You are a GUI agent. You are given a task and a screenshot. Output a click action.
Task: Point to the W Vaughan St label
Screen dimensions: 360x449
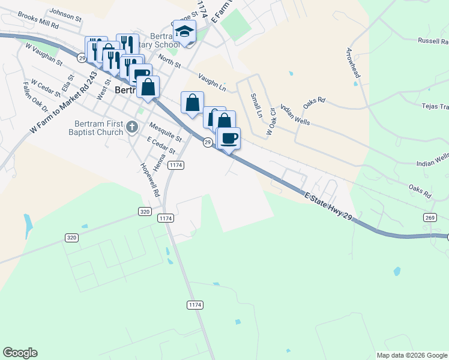click(x=44, y=53)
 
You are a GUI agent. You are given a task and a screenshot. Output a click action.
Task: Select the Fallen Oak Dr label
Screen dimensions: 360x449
click(x=35, y=97)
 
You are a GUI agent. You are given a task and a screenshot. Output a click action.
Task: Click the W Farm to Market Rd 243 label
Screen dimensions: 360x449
click(x=64, y=103)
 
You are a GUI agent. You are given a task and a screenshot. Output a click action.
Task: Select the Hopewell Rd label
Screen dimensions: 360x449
click(x=149, y=180)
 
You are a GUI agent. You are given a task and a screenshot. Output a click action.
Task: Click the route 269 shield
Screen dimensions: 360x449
click(x=429, y=217)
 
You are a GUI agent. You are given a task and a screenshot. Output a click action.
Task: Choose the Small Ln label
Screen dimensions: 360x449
click(x=256, y=106)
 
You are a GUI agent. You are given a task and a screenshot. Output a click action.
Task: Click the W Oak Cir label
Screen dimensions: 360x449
click(x=271, y=121)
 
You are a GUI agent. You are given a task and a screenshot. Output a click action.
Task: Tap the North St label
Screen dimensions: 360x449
click(x=169, y=62)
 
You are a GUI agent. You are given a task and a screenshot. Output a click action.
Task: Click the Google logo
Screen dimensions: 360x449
click(x=20, y=353)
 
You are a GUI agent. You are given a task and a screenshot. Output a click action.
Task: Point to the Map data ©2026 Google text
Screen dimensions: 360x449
click(x=412, y=355)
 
